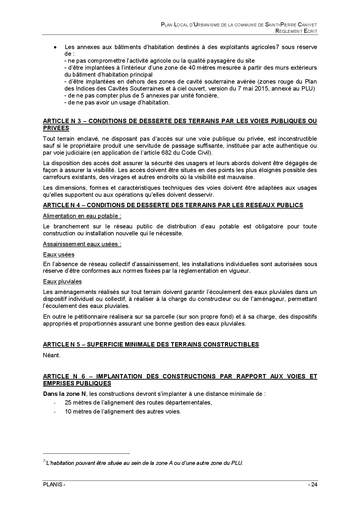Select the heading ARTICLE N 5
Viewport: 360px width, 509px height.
click(151, 344)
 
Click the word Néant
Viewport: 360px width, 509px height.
click(51, 355)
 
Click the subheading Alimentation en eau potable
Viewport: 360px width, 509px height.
click(82, 216)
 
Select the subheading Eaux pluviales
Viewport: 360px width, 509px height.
click(62, 281)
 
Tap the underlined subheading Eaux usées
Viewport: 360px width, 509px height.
click(59, 255)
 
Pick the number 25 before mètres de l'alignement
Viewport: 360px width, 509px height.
click(68, 402)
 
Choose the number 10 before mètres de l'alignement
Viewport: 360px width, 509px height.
click(68, 411)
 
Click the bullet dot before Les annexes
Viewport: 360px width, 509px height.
click(55, 47)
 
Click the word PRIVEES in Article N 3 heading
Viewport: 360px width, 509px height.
click(56, 128)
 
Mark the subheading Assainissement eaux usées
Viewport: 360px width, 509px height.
click(82, 244)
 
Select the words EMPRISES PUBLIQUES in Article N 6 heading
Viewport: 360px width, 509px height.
click(77, 383)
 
